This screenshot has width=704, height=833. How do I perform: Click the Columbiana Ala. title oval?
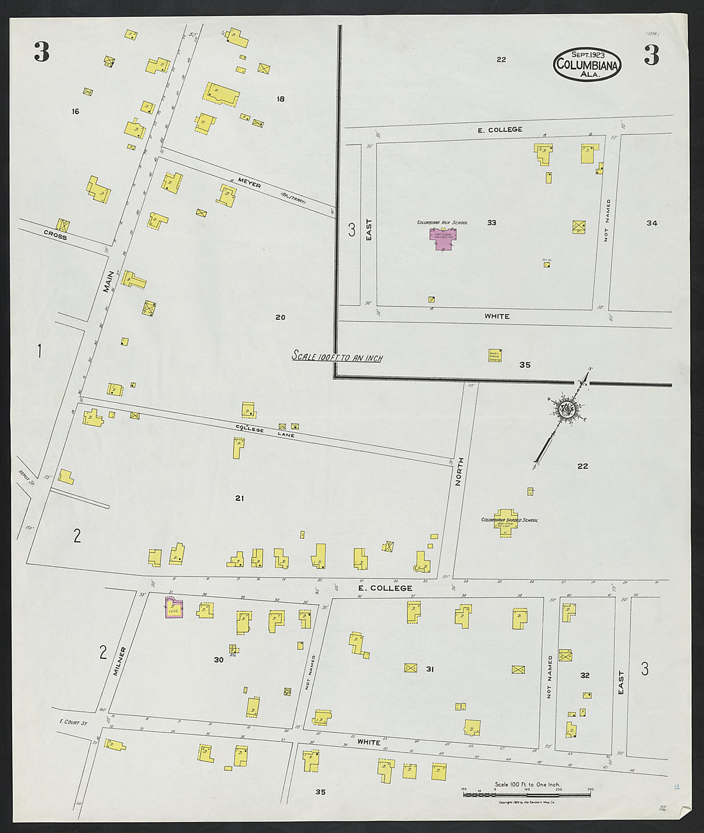tap(588, 65)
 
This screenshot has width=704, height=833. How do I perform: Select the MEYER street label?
tap(250, 184)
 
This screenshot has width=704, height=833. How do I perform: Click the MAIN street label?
tap(109, 282)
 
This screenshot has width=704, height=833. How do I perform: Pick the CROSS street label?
tap(55, 235)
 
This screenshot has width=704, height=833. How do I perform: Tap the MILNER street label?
tap(120, 660)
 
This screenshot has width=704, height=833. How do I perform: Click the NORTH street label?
tap(458, 472)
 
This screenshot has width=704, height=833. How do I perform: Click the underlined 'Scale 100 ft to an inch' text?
tap(337, 357)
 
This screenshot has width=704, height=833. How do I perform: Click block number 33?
tap(492, 223)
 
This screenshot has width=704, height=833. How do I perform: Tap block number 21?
tap(239, 498)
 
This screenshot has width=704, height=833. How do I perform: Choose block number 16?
tap(76, 111)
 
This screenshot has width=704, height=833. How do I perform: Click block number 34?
tap(652, 223)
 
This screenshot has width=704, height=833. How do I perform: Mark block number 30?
tap(218, 660)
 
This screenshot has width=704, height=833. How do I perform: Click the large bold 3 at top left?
tap(42, 52)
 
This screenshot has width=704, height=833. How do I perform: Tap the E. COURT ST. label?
tap(73, 722)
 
